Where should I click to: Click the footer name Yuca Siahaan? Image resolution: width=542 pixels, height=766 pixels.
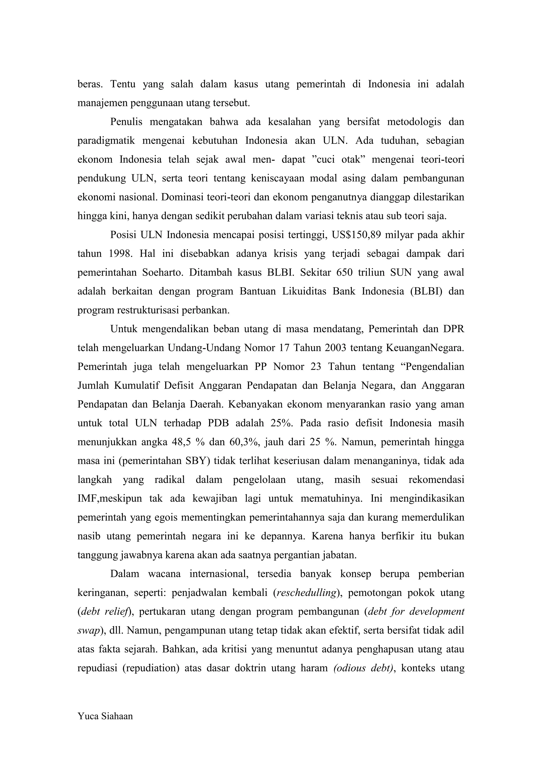pyautogui.click(x=105, y=716)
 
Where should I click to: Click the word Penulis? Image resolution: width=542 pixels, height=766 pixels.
pyautogui.click(x=126, y=122)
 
